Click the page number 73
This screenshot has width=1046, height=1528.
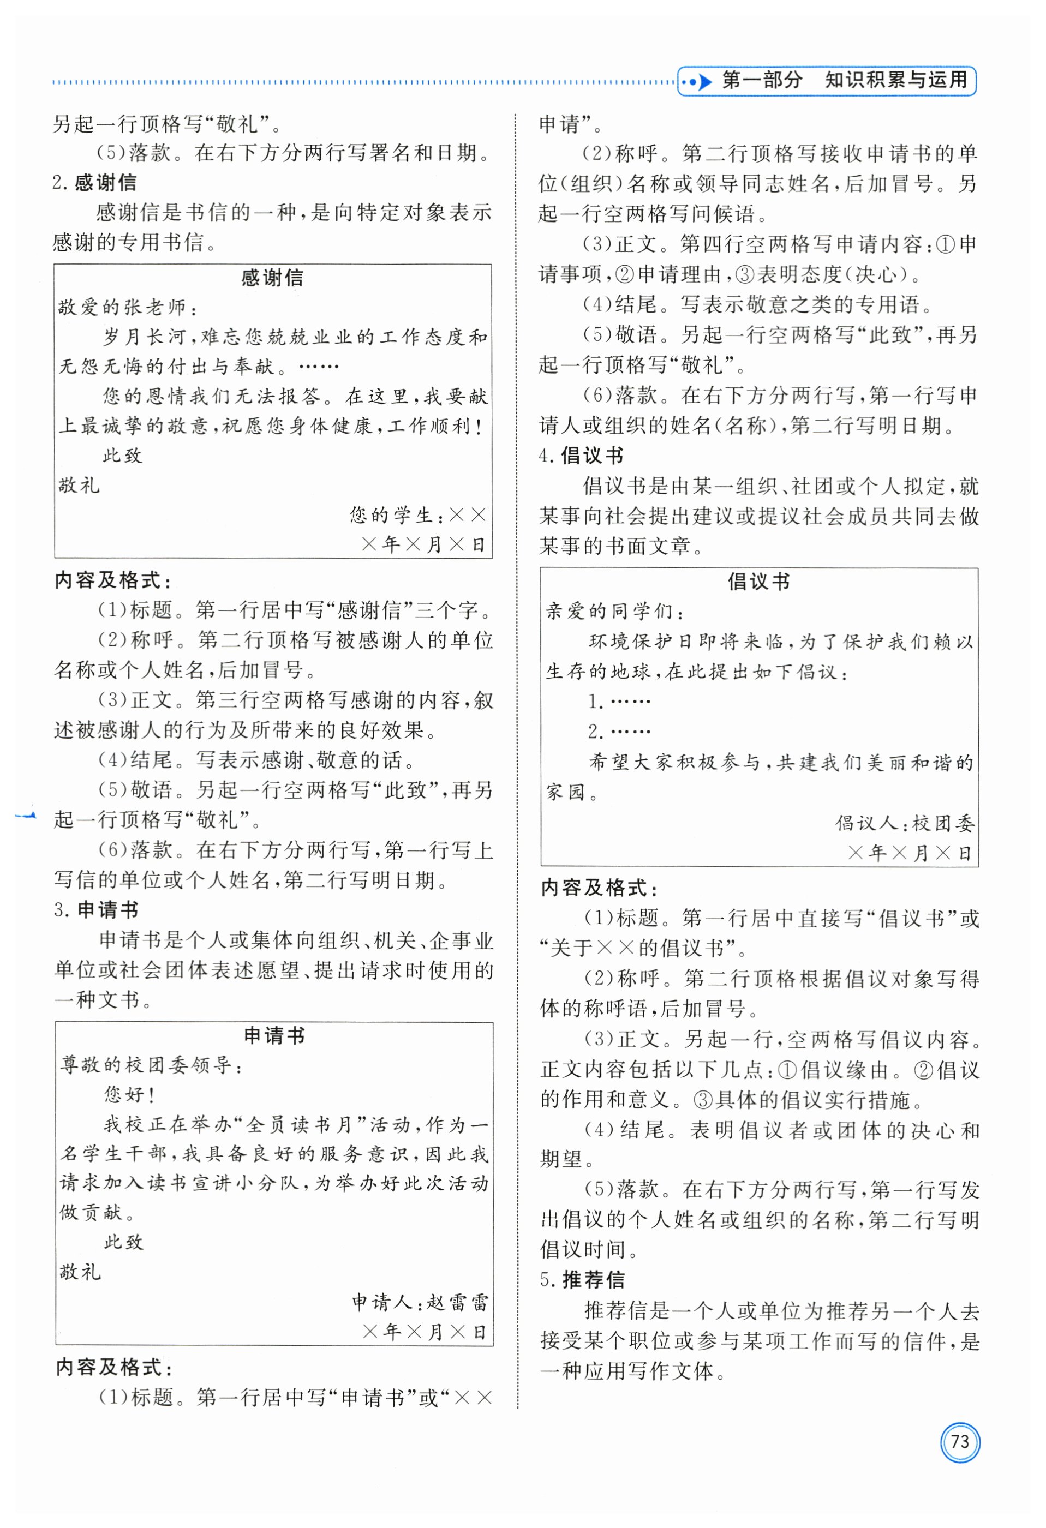coord(959,1441)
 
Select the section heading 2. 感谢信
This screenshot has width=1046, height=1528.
coord(95,182)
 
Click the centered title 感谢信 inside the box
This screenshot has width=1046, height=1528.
coord(272,278)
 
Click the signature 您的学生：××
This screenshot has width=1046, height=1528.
coord(417,515)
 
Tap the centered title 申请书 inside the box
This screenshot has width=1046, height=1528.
coord(274,1035)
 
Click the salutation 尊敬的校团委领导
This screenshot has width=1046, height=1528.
coord(151,1065)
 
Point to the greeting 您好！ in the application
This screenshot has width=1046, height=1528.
coord(129,1095)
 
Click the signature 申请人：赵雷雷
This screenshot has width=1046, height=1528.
coord(420,1302)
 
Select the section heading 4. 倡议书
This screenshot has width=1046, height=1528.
coord(581,456)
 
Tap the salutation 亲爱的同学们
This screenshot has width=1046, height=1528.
coord(615,612)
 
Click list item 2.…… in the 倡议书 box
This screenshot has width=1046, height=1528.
coord(619,731)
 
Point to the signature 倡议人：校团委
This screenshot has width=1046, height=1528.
coord(905,823)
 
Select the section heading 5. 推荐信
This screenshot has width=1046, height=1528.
coord(582,1279)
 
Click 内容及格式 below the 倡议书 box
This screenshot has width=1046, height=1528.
coord(599,888)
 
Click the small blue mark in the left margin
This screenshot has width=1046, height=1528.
coord(26,816)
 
